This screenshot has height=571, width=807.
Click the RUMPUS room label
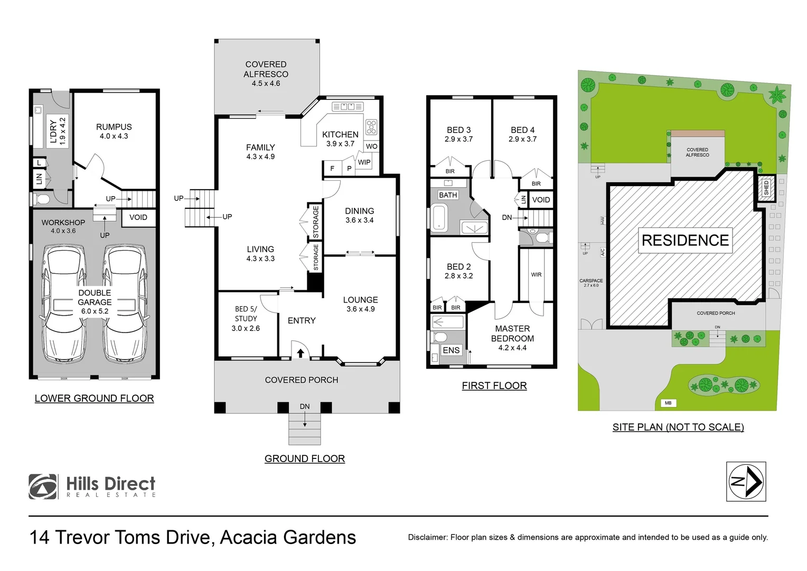pyautogui.click(x=114, y=127)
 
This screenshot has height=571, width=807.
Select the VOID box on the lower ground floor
pyautogui.click(x=138, y=217)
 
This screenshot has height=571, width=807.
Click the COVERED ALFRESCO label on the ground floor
pyautogui.click(x=266, y=69)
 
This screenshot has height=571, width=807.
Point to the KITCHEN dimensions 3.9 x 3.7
pyautogui.click(x=340, y=144)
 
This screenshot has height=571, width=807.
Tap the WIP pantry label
pyautogui.click(x=364, y=162)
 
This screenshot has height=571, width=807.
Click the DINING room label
pyautogui.click(x=359, y=211)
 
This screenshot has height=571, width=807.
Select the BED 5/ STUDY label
pyautogui.click(x=246, y=314)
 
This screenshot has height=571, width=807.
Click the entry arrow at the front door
pyautogui.click(x=301, y=353)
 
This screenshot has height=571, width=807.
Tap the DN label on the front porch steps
pyautogui.click(x=305, y=407)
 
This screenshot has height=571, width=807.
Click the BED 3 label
pyautogui.click(x=458, y=130)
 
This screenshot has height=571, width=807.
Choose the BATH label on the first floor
pyautogui.click(x=448, y=195)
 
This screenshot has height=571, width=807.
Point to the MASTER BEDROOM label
pyautogui.click(x=512, y=334)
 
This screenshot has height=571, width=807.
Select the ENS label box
pyautogui.click(x=451, y=350)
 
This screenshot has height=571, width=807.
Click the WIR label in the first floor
pyautogui.click(x=536, y=275)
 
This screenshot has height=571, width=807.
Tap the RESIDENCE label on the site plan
pyautogui.click(x=685, y=241)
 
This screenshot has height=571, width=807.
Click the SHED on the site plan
pyautogui.click(x=766, y=188)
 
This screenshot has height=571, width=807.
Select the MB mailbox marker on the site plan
pyautogui.click(x=668, y=403)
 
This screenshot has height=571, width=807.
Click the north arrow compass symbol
pyautogui.click(x=746, y=481)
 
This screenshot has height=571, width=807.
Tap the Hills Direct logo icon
pyautogui.click(x=43, y=486)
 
